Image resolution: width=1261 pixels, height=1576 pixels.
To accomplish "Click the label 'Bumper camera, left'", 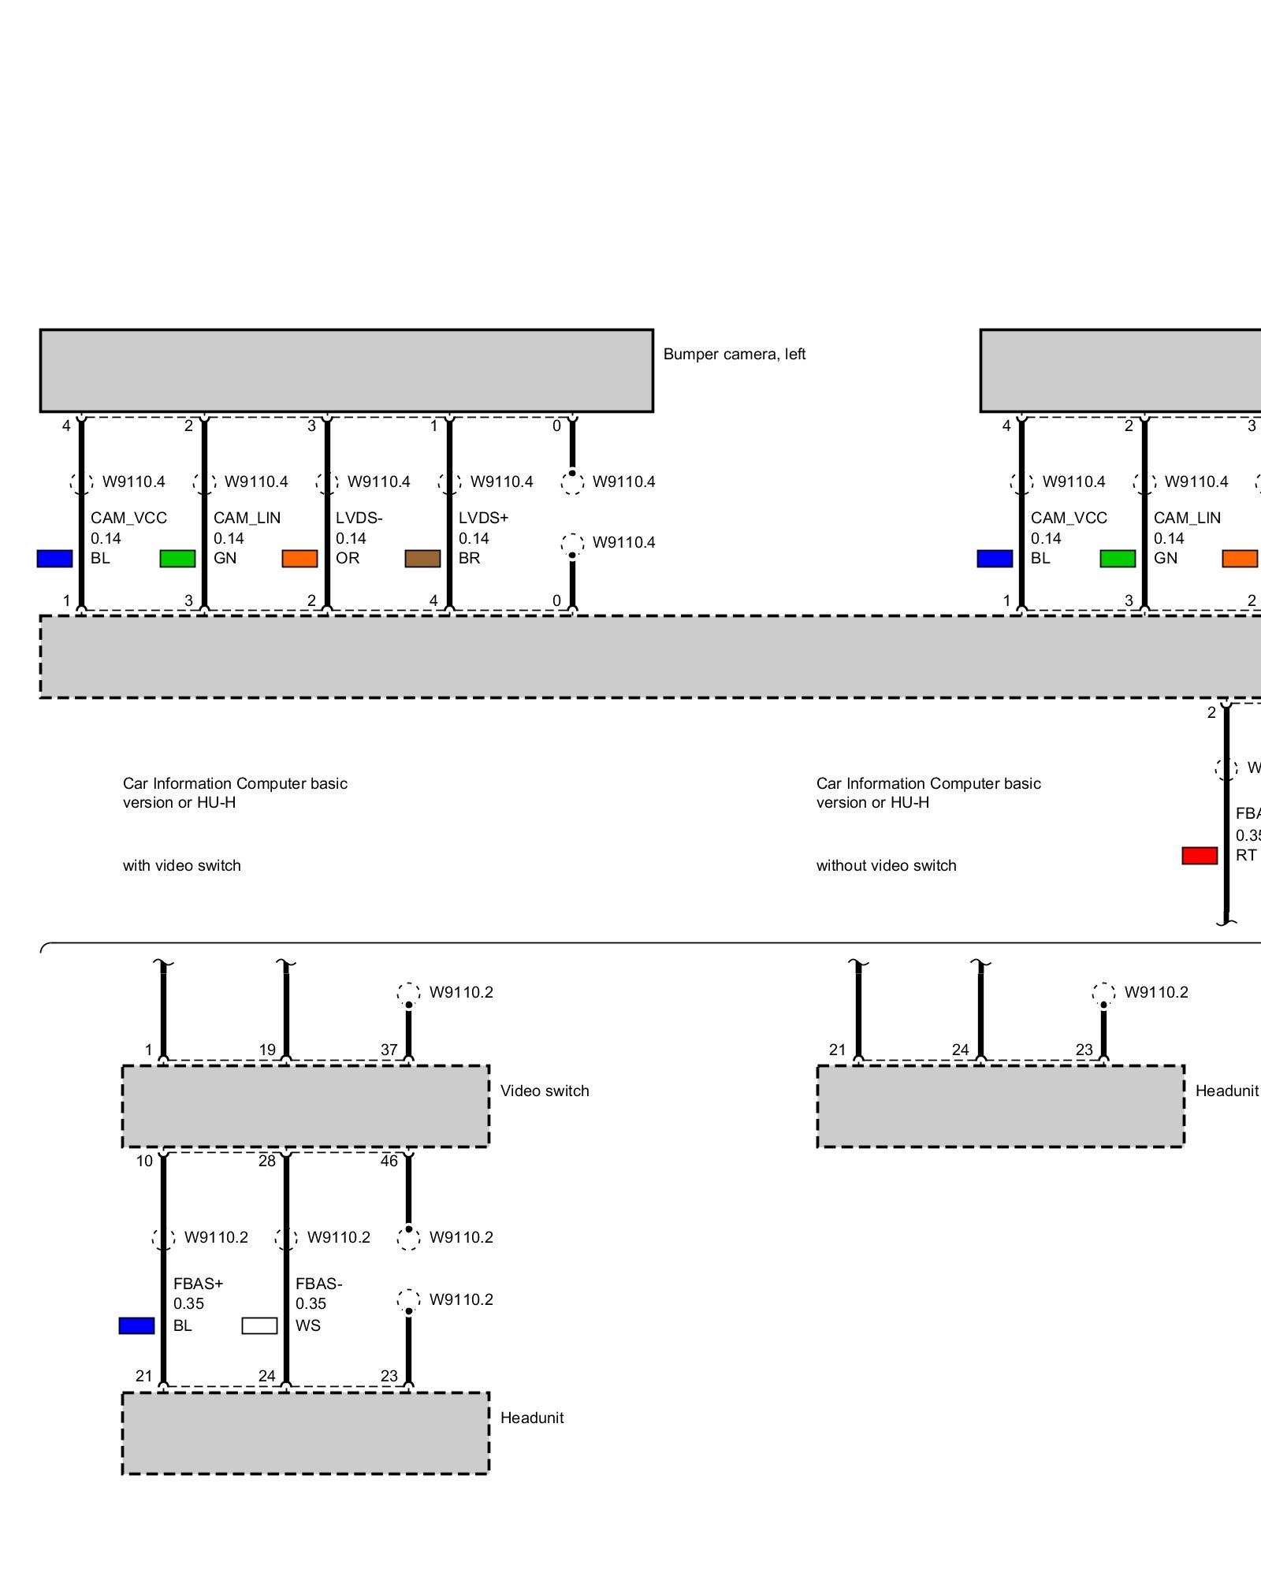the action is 734,355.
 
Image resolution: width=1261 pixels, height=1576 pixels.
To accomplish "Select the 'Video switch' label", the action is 545,1091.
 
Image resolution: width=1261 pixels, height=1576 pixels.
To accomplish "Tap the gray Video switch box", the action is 305,1106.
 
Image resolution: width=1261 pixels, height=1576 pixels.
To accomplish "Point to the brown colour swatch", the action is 422,559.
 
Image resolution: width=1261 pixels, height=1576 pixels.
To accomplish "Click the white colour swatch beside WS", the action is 259,1325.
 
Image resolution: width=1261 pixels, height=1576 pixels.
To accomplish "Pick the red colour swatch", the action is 1200,856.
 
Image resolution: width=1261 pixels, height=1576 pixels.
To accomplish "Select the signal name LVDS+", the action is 483,518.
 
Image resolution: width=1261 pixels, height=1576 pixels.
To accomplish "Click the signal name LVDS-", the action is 359,518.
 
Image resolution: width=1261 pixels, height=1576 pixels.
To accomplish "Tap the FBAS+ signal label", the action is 198,1284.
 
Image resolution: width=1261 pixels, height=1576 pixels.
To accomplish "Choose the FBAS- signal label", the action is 318,1284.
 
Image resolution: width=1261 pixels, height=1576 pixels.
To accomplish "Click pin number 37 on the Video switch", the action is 389,1050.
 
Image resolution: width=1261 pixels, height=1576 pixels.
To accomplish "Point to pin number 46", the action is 389,1161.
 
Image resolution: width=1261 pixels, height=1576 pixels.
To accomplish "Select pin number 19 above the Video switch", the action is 267,1050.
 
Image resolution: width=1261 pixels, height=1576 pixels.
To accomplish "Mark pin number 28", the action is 267,1161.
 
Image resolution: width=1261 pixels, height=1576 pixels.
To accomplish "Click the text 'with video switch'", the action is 182,865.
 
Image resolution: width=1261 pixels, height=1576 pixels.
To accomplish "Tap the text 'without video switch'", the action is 886,865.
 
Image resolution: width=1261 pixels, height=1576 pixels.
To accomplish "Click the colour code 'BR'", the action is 469,558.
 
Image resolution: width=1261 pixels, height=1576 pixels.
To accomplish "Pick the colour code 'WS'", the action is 308,1325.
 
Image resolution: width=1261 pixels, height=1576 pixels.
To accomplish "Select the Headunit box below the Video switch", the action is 305,1433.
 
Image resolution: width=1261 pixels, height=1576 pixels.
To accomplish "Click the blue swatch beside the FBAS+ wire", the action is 136,1325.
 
